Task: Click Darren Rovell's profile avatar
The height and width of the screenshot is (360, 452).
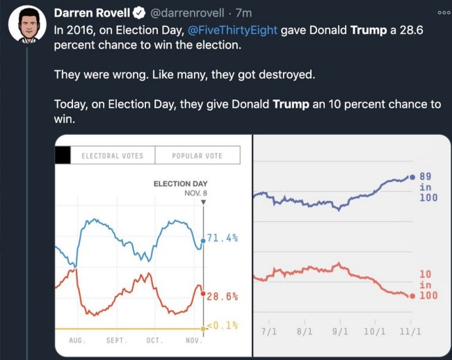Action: coord(27,27)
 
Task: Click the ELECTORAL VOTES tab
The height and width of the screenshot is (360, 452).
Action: coord(112,155)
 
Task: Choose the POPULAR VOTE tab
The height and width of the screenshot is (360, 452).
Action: coord(197,155)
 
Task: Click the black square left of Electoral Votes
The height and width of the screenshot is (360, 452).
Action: coord(63,155)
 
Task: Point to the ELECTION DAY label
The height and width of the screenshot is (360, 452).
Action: coord(181,184)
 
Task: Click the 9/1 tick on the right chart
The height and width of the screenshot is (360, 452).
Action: coord(340,332)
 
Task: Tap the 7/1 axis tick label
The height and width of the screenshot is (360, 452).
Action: coord(268,332)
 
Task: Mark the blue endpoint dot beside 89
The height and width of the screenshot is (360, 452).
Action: coord(412,178)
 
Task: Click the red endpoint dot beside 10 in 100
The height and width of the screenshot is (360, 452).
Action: coord(412,296)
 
